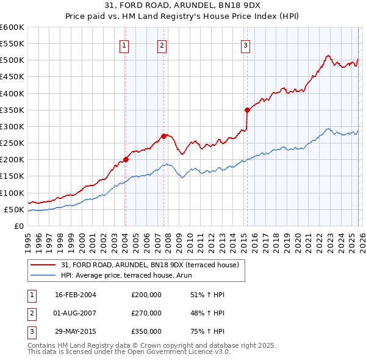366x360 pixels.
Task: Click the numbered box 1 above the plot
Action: tap(124, 45)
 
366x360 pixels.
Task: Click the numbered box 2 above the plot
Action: tap(162, 45)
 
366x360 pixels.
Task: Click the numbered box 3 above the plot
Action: tap(245, 45)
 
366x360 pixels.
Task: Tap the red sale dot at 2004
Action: tap(126, 159)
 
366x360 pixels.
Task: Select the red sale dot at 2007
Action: tap(163, 136)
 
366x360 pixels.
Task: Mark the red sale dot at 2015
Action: tap(247, 110)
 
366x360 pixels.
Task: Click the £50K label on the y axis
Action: tap(14, 209)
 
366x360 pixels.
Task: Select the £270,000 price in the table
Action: tap(146, 313)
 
